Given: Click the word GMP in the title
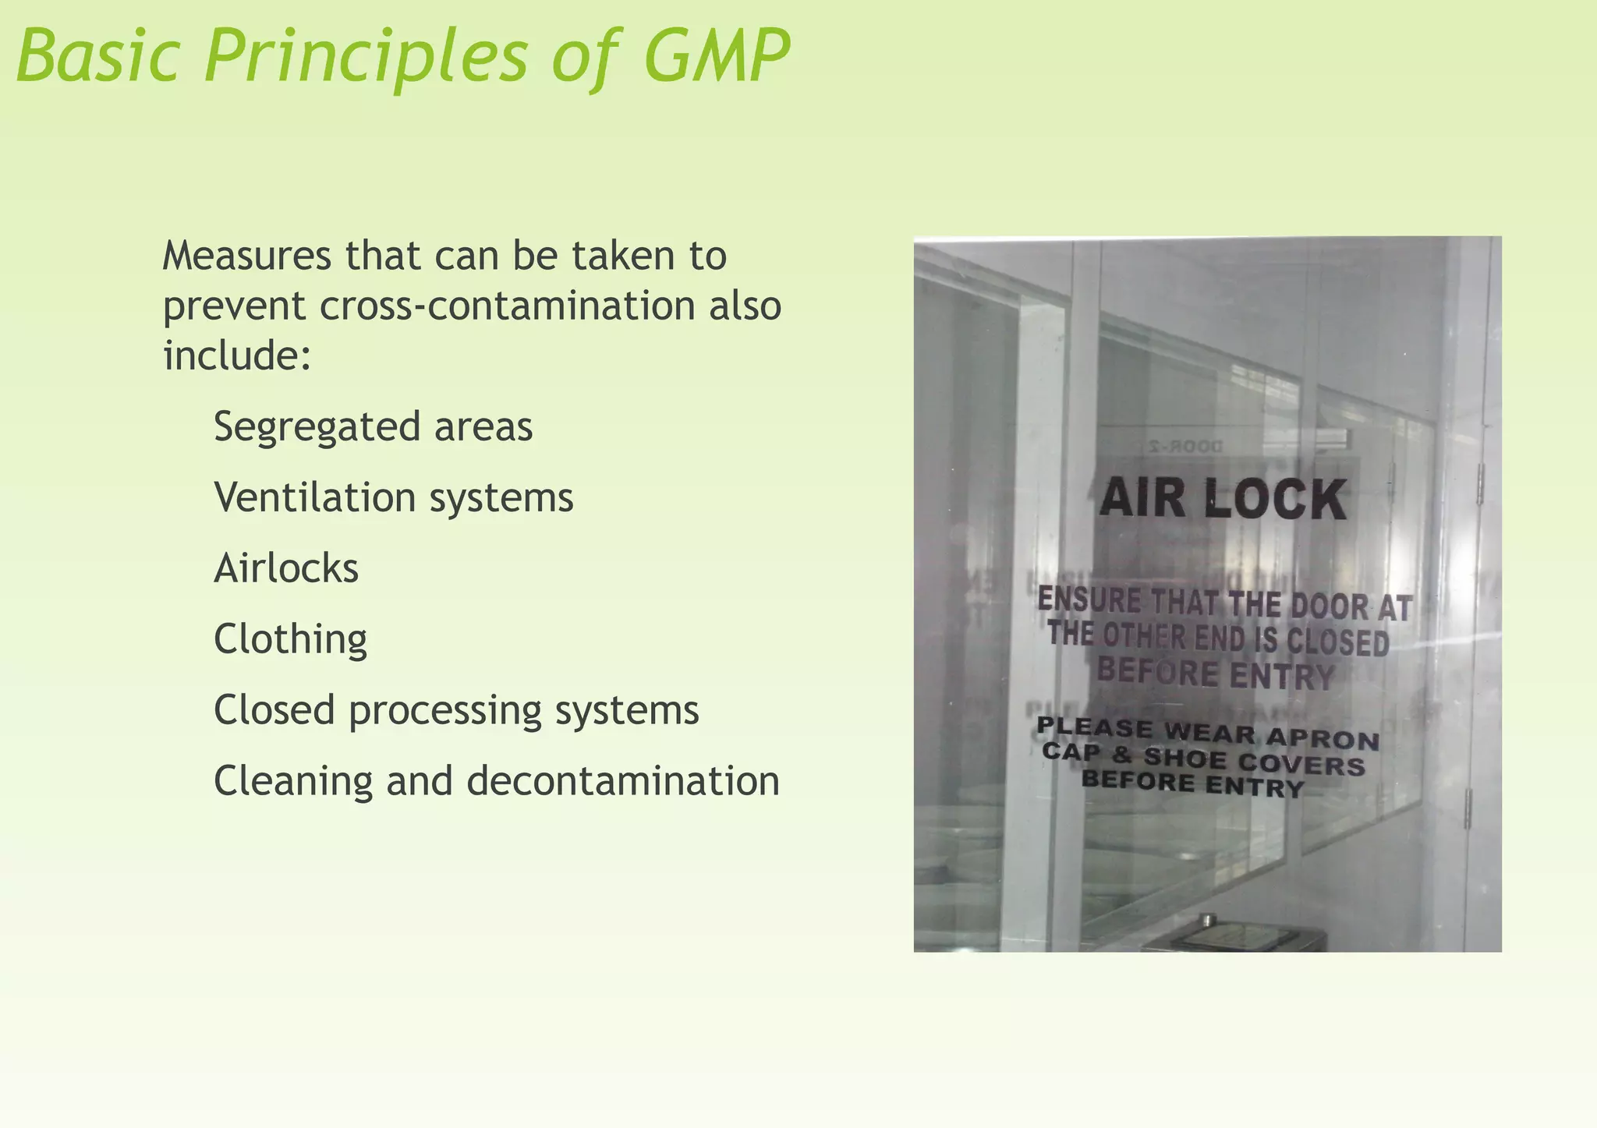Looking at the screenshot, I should click(717, 56).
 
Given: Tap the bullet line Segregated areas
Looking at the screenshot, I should click(373, 427).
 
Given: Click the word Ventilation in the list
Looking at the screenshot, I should click(316, 497).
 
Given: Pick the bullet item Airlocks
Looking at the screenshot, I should click(286, 568).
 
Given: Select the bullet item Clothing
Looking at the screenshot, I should click(290, 639).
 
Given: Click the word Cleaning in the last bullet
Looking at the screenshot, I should click(293, 781).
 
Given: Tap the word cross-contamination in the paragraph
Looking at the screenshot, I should click(507, 306).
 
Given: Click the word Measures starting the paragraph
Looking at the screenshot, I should click(247, 256).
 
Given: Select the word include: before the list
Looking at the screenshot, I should click(237, 355).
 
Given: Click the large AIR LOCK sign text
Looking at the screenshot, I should click(1222, 500).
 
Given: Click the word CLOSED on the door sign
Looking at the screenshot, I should click(1337, 642).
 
